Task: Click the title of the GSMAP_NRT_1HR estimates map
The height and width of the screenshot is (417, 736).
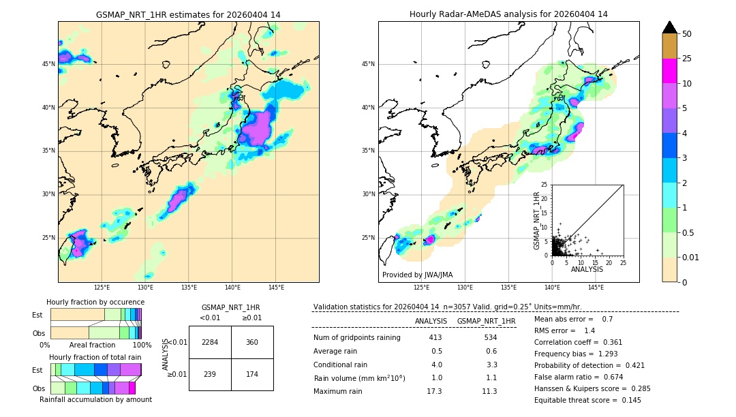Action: [x=188, y=14]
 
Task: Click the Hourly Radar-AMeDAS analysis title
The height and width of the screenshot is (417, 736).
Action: [x=508, y=14]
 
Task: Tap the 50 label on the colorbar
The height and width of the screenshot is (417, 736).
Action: [x=687, y=34]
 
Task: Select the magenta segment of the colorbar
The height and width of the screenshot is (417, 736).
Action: [x=669, y=71]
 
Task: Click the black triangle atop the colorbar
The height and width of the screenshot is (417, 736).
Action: [x=669, y=27]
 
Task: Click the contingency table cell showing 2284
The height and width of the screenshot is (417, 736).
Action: [x=210, y=342]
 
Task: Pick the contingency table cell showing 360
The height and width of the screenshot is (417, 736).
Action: [x=252, y=342]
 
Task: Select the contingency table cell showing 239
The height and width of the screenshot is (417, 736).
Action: [x=210, y=375]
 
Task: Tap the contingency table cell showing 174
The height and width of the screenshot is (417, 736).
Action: [x=252, y=375]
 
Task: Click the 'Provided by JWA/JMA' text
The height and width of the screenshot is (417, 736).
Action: [x=417, y=275]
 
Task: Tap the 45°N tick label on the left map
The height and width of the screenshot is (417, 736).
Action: [x=48, y=64]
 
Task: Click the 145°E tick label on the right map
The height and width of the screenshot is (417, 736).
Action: [x=596, y=288]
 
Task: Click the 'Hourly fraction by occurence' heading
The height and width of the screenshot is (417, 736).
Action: [x=95, y=302]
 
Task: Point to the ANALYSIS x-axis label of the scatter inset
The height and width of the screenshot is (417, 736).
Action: [x=587, y=269]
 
